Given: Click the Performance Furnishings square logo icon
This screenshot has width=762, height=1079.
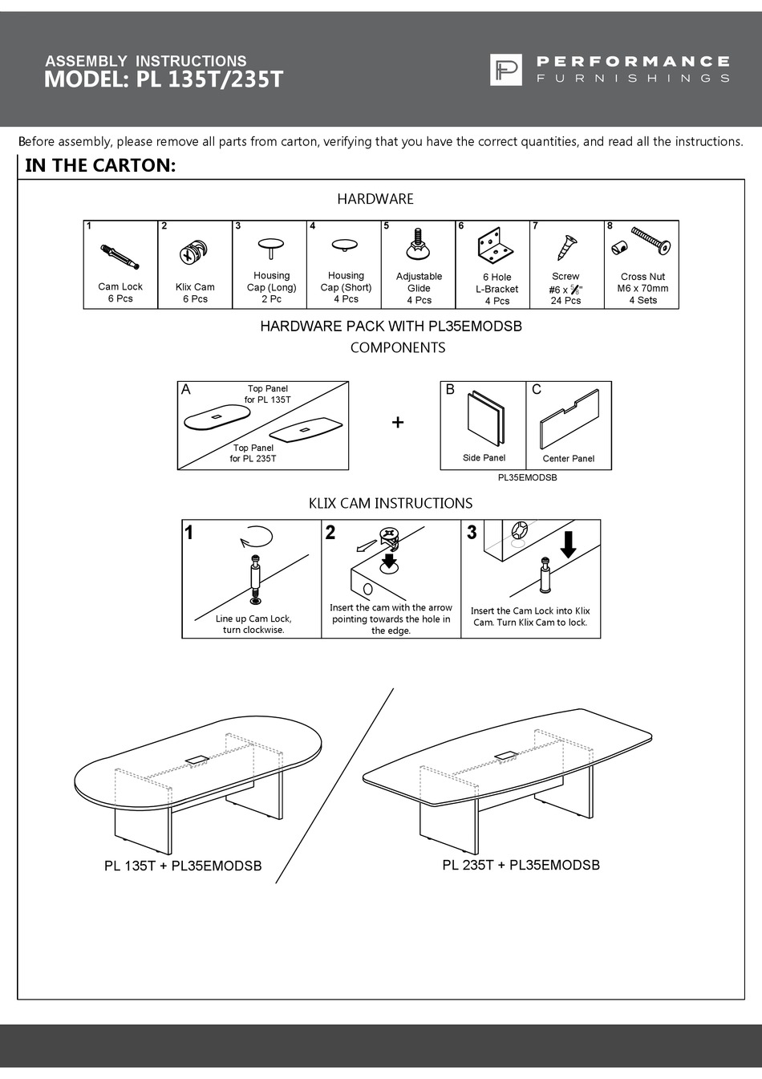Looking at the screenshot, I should click(505, 70).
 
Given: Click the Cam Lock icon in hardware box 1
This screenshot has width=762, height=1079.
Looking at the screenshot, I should click(120, 257).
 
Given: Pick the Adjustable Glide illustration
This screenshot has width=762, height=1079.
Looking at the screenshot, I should click(418, 245).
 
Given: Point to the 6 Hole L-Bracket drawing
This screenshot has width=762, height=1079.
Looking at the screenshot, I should click(495, 245).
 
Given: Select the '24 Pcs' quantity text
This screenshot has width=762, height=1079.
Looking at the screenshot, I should click(565, 301).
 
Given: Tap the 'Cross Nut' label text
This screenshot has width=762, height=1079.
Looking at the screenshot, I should click(642, 276).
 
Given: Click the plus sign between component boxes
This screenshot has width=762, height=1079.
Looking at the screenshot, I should click(397, 422).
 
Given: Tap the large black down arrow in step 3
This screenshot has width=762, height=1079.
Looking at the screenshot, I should click(568, 543).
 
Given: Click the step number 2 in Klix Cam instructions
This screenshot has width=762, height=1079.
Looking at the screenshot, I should click(330, 533).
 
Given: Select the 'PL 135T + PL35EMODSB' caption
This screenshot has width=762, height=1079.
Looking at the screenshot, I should click(183, 866).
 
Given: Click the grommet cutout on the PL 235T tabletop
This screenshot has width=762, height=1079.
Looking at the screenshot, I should click(505, 755).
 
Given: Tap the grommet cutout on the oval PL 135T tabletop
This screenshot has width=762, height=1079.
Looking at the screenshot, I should click(197, 758).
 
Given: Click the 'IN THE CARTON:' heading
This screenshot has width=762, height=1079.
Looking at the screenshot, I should click(100, 165).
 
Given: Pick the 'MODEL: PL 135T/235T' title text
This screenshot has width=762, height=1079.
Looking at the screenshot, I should click(164, 79).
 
